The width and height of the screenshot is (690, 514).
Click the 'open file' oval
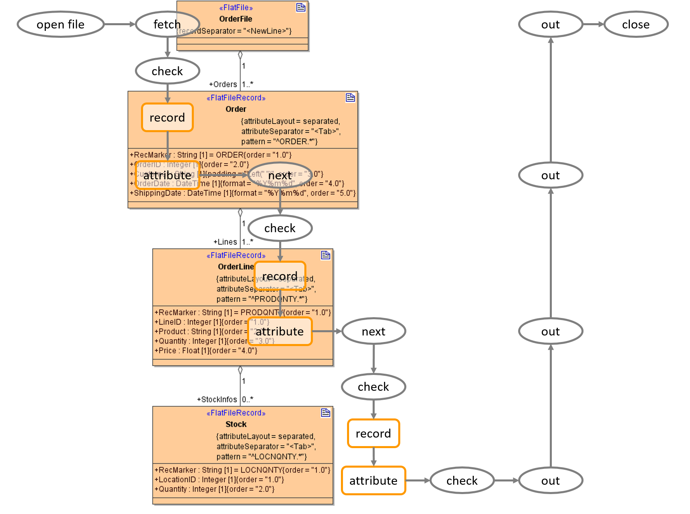[x=61, y=24]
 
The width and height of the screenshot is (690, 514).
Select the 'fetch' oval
[x=167, y=24]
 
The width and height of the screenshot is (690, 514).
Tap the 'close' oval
[x=636, y=24]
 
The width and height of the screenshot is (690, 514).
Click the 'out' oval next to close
[x=551, y=24]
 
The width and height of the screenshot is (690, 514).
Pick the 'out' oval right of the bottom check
[x=551, y=481]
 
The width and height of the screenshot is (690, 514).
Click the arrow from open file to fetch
[x=119, y=24]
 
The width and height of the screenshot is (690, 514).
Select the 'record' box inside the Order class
[x=167, y=118]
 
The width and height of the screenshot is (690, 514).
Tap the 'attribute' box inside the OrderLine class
[x=280, y=331]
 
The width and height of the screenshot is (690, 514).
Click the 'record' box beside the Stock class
[x=373, y=433]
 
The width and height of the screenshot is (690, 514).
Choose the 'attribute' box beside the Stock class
[x=373, y=481]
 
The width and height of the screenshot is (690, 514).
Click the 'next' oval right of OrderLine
[x=373, y=331]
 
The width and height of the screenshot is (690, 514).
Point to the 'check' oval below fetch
[x=167, y=71]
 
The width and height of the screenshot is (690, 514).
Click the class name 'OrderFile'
[x=236, y=19]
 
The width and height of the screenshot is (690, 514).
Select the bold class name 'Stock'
[x=236, y=424]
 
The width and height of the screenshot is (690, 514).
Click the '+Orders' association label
[x=223, y=84]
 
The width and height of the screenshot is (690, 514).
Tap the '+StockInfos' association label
[x=217, y=399]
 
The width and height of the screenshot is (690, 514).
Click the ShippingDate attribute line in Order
[x=243, y=193]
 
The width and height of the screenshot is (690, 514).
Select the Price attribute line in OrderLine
[x=206, y=351]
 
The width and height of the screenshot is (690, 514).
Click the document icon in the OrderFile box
[x=301, y=7]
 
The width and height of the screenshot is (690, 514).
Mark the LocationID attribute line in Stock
[x=219, y=479]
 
